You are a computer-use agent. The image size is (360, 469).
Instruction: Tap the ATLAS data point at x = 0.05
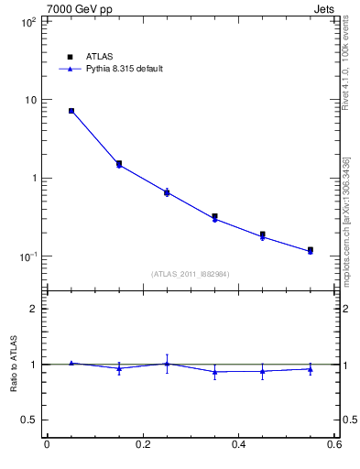pos(71,111)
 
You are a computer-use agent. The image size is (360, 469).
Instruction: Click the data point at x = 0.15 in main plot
pos(119,164)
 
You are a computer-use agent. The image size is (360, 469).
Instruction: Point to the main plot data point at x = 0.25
pos(167,192)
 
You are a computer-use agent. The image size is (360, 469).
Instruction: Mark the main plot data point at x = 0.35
pos(214,217)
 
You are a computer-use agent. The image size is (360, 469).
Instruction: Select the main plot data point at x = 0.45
pos(262,235)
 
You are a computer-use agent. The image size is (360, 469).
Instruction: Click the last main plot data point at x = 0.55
pos(310,250)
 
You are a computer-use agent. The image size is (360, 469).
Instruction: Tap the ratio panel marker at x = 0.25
pos(167,364)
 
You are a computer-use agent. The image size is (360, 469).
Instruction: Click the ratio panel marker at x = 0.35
pos(214,372)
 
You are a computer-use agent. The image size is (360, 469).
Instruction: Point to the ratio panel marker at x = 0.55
pos(310,369)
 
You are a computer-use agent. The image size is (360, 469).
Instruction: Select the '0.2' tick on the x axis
pos(142,445)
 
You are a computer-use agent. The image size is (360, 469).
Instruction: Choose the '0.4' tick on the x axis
pos(238,445)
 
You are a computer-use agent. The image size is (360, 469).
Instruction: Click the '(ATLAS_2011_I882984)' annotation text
pos(191,274)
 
